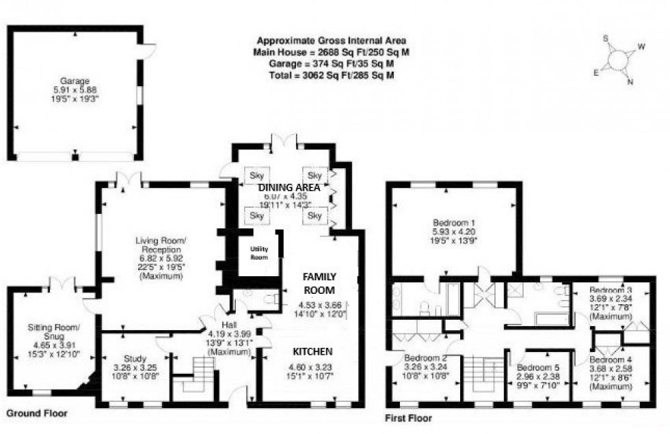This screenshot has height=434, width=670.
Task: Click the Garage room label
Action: pyautogui.click(x=74, y=81)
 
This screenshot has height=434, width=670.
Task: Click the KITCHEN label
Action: pyautogui.click(x=312, y=351)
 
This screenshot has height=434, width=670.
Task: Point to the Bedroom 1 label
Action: pyautogui.click(x=453, y=222)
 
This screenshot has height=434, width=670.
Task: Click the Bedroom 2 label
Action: pyautogui.click(x=425, y=358)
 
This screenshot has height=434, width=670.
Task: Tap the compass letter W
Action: pyautogui.click(x=641, y=47)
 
